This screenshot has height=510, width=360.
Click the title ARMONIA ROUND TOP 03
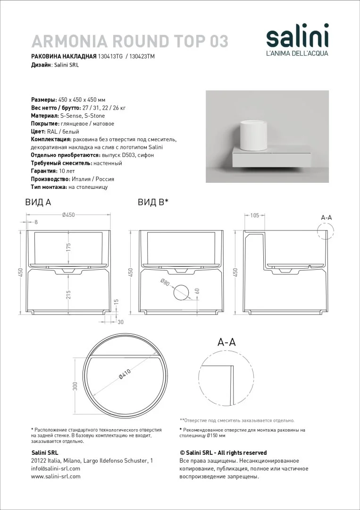129,42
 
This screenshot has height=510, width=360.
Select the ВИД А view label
38,202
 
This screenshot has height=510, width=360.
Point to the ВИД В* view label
153,202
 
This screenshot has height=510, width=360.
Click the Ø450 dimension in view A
69,215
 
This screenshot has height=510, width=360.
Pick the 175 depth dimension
68,248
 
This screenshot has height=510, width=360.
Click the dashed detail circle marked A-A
327,233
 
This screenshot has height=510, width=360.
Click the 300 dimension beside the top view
75,387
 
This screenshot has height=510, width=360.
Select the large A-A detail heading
226,343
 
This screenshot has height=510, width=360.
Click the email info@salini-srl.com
55,468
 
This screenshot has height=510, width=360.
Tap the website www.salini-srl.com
56,476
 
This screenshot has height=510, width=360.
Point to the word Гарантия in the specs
43,171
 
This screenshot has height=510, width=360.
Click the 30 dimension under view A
120,322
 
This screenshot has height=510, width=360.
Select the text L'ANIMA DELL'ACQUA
297,53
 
